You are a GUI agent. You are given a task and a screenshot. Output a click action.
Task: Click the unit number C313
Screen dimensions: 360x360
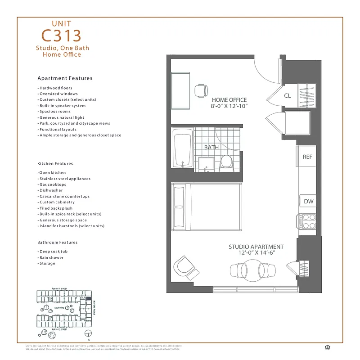(62, 36)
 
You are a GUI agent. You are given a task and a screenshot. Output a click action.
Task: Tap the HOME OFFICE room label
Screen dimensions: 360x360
(229, 100)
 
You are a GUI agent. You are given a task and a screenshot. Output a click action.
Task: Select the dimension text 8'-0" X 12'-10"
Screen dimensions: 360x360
(229, 107)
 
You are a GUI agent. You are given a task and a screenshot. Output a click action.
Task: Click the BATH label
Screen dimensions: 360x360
(211, 147)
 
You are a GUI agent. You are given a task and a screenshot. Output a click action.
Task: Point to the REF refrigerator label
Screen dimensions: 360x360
(307, 157)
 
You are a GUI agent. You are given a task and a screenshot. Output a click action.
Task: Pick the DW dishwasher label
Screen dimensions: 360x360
(308, 202)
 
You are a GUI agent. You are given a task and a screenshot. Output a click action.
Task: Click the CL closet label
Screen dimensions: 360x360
(287, 95)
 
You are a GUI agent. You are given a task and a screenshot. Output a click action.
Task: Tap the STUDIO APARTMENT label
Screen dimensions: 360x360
(256, 247)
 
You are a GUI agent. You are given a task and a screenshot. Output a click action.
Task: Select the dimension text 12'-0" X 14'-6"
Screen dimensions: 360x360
(256, 253)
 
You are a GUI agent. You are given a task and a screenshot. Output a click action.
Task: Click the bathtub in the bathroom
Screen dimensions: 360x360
(183, 149)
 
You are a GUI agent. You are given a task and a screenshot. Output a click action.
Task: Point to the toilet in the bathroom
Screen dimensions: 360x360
(225, 162)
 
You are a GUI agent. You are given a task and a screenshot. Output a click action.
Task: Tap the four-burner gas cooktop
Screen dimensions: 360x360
(308, 221)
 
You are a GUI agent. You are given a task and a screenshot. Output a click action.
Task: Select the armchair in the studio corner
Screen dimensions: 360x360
(186, 268)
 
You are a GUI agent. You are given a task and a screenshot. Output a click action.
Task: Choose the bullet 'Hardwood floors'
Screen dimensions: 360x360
(55, 88)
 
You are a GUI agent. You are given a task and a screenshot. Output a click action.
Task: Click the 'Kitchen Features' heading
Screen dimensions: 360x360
(55, 164)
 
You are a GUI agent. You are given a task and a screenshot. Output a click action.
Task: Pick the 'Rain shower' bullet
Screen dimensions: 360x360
(51, 258)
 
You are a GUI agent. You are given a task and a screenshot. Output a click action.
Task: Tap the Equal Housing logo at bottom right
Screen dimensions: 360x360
(327, 346)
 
